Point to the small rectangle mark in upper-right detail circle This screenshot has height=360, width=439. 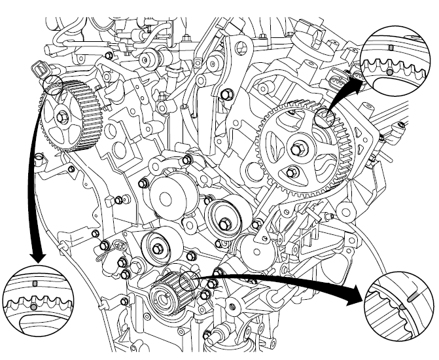390,48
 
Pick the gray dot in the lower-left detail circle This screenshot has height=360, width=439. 33,306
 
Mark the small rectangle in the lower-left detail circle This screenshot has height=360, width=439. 35,283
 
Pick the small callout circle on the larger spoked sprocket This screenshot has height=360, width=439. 324,117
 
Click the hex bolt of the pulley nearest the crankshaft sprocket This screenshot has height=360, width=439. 159,248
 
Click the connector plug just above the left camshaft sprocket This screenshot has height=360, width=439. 41,71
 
